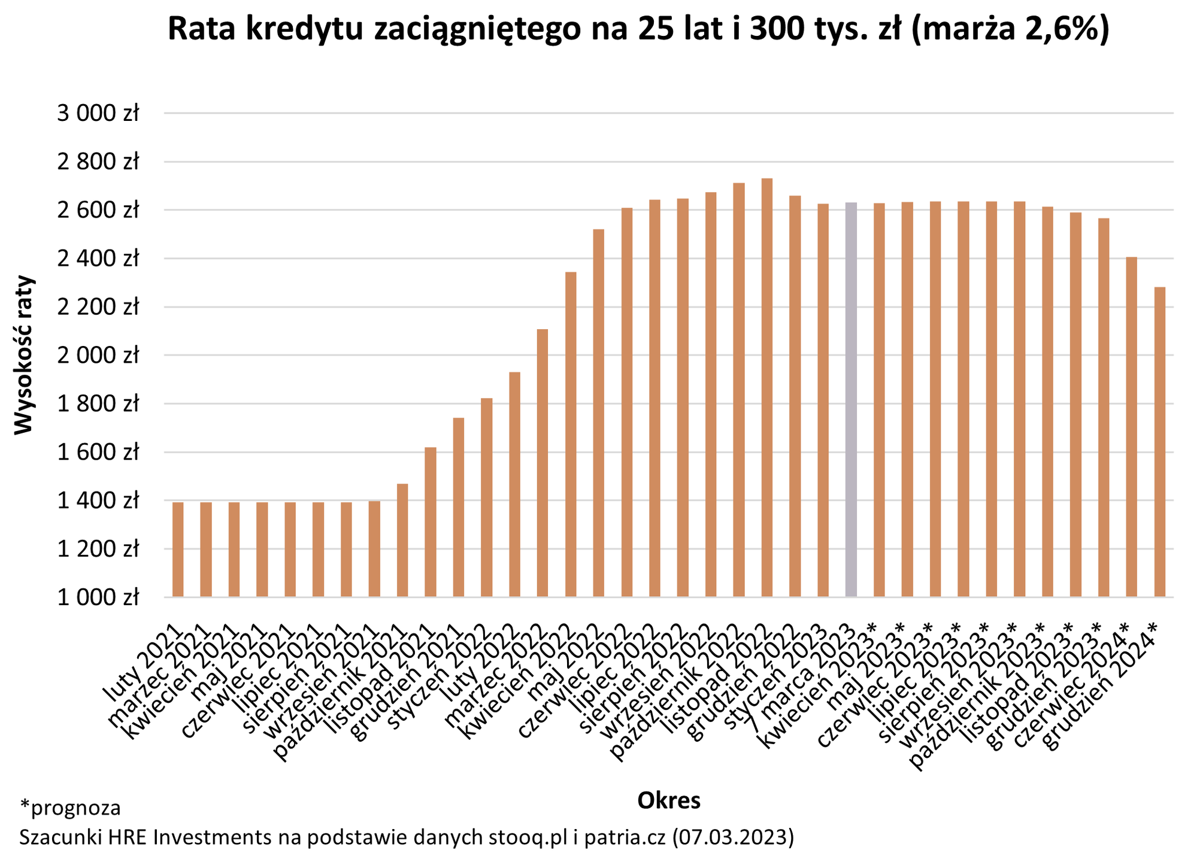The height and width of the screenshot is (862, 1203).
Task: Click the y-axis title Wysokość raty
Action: [x=24, y=355]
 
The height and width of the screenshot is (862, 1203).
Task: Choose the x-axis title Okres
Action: [x=668, y=800]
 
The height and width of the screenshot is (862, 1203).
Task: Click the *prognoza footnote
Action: [x=71, y=808]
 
